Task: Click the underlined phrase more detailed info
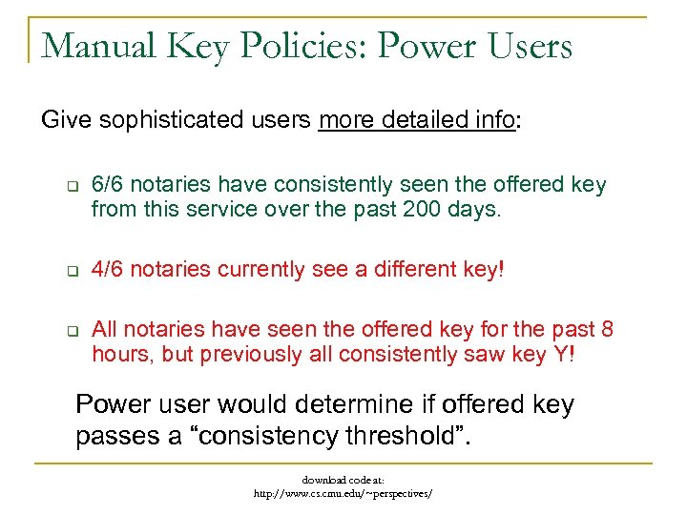pyautogui.click(x=416, y=121)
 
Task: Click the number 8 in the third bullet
pyautogui.click(x=608, y=330)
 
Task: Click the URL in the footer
pyautogui.click(x=343, y=494)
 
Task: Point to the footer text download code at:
pyautogui.click(x=343, y=481)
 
